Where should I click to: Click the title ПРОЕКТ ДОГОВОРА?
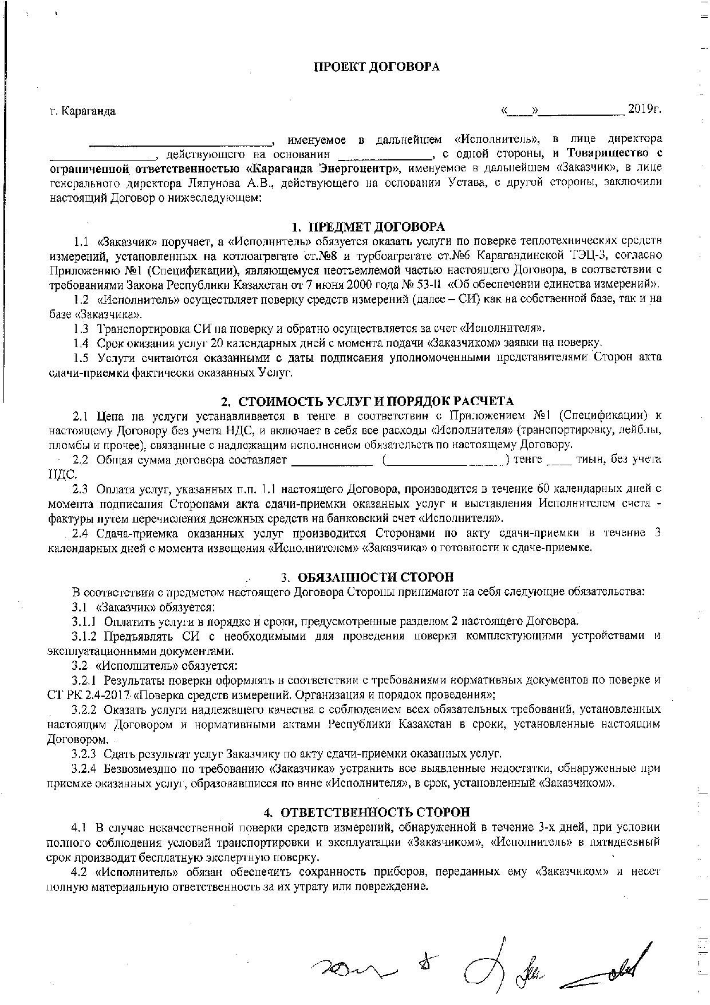point(377,67)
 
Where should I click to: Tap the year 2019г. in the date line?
point(644,109)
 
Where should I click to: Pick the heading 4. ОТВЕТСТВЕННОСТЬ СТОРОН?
point(366,812)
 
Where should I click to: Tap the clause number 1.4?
point(81,343)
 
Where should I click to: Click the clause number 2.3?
point(80,489)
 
